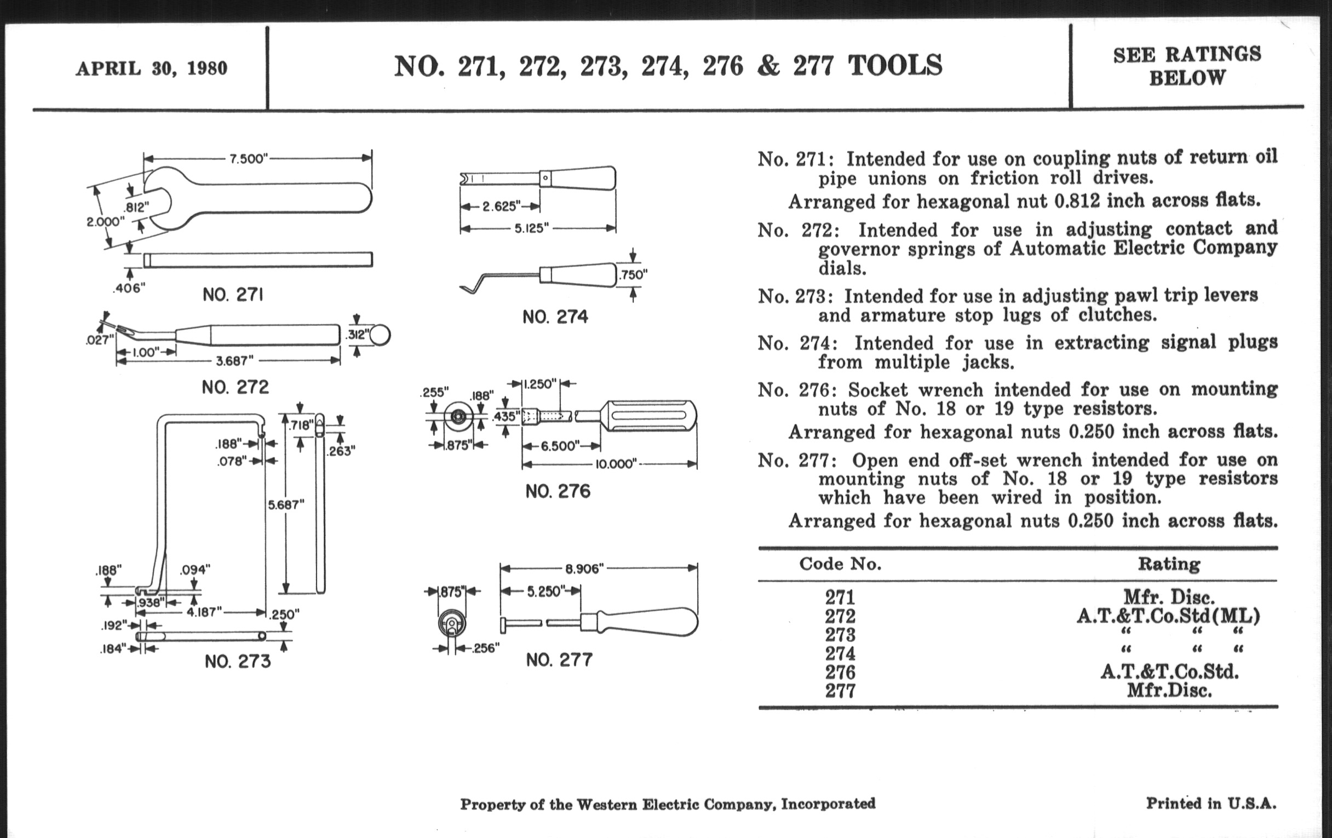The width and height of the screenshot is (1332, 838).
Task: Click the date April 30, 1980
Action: pyautogui.click(x=152, y=68)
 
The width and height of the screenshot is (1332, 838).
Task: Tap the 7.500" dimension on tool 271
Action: pyautogui.click(x=248, y=159)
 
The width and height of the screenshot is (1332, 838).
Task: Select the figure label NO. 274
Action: pyautogui.click(x=555, y=317)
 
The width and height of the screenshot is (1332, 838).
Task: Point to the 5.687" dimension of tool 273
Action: pyautogui.click(x=286, y=504)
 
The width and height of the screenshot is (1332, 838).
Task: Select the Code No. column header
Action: pyautogui.click(x=840, y=564)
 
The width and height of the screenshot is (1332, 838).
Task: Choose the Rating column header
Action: pyautogui.click(x=1169, y=564)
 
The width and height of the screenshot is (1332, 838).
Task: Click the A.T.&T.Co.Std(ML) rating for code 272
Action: pyautogui.click(x=1168, y=616)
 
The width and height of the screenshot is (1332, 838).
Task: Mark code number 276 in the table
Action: pyautogui.click(x=840, y=672)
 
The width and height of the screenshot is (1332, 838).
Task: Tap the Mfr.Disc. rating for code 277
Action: pyautogui.click(x=1169, y=691)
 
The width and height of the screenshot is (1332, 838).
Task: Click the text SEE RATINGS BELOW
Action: pyautogui.click(x=1187, y=66)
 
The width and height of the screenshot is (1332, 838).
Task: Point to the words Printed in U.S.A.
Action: pyautogui.click(x=1211, y=803)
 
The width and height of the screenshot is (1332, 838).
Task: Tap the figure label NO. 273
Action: pyautogui.click(x=238, y=662)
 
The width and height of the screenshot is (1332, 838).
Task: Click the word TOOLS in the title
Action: pyautogui.click(x=894, y=65)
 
